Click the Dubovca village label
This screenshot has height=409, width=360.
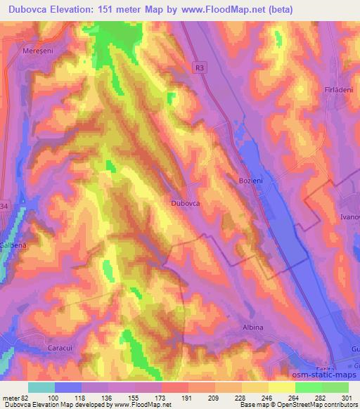[186, 202]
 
